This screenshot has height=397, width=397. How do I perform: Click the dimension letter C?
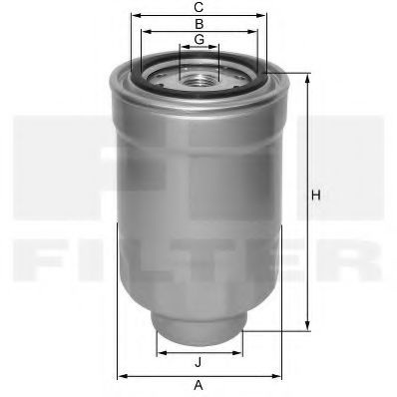click(198, 7)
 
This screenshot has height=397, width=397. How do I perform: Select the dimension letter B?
click(199, 24)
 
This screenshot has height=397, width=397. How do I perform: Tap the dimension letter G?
click(199, 39)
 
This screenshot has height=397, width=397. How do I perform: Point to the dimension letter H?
click(316, 196)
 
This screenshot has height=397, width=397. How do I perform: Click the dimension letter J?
click(198, 362)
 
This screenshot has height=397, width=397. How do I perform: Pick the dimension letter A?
click(198, 386)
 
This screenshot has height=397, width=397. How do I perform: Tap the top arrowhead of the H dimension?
click(308, 78)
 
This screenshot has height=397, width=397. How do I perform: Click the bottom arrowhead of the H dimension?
click(308, 326)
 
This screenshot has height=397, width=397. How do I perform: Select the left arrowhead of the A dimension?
click(123, 376)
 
